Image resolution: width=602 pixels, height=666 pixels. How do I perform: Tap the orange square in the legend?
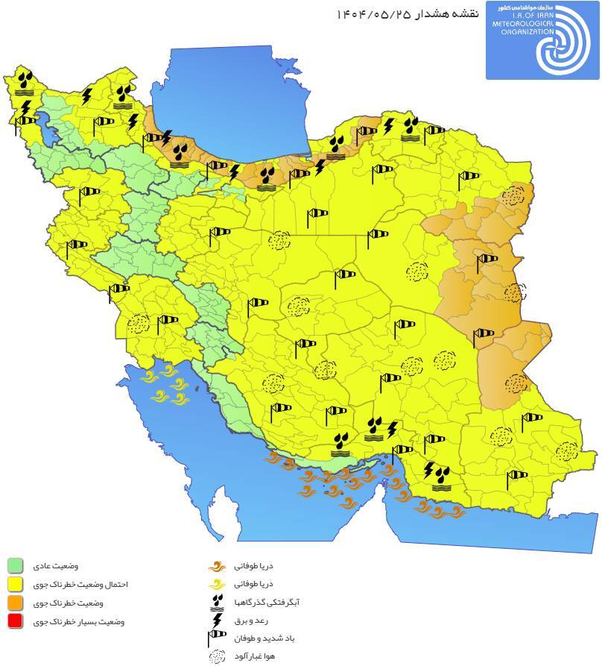(16, 603)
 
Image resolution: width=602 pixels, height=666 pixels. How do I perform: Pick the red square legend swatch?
(16, 621)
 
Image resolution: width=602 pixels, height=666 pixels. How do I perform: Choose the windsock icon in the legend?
(216, 638)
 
